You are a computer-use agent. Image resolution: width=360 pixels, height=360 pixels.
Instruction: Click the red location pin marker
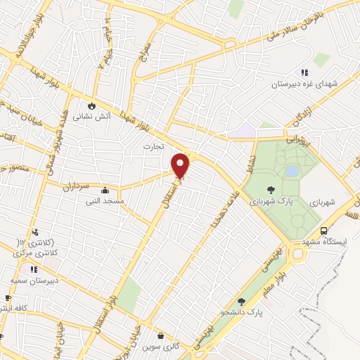[x=181, y=165]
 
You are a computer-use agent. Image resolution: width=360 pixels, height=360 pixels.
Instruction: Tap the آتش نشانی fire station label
[x=92, y=117]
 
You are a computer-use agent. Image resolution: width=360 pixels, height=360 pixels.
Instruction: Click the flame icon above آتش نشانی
[x=92, y=105]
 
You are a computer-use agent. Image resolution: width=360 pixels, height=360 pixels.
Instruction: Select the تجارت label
[x=153, y=147]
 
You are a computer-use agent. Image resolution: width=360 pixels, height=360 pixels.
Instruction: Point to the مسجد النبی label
[x=105, y=201]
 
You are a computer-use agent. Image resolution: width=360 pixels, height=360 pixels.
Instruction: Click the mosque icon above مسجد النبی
[x=105, y=190]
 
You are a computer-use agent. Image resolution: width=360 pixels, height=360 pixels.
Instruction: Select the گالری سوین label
[x=161, y=347]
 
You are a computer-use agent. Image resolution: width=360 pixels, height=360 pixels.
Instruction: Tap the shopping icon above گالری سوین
[x=161, y=336]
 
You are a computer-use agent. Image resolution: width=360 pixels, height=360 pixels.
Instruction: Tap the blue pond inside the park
[x=291, y=171]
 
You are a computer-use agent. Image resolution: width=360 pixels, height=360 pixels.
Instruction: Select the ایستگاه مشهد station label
[x=326, y=241]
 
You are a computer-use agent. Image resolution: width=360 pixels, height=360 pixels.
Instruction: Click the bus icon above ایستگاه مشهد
[x=323, y=231]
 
